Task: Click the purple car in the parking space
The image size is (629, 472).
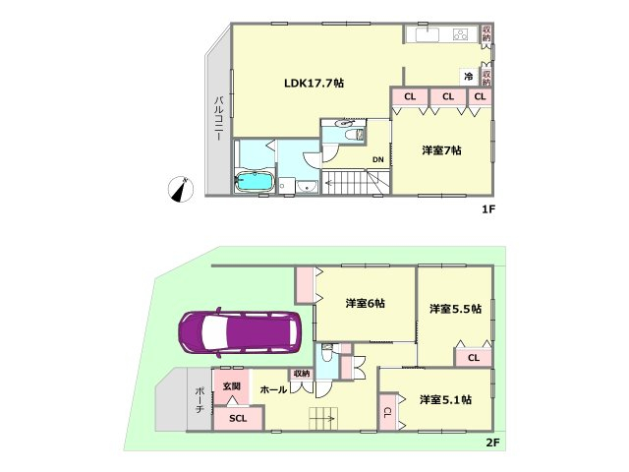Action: [x=240, y=332]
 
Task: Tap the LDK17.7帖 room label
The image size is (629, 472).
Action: [x=314, y=83]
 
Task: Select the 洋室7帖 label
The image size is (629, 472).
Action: [x=441, y=150]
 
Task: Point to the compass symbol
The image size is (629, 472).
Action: [x=180, y=189]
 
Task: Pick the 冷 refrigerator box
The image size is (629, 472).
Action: [x=469, y=77]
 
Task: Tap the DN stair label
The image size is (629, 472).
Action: [x=377, y=159]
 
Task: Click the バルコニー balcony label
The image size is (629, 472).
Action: [x=218, y=118]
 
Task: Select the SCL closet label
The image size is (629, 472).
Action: [x=238, y=418]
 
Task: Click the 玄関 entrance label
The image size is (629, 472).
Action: [x=232, y=386]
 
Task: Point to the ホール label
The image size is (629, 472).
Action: [x=273, y=389]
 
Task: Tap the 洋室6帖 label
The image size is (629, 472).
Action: [x=365, y=303]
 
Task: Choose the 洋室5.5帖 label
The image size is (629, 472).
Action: [x=455, y=309]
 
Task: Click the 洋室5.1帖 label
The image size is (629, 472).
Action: [x=445, y=400]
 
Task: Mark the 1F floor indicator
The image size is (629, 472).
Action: [x=489, y=209]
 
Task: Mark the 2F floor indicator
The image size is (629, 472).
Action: [x=492, y=442]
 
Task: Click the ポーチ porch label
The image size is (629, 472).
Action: [x=200, y=400]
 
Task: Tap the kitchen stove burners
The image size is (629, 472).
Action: [x=461, y=34]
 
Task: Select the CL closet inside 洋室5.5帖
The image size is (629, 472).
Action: [x=474, y=357]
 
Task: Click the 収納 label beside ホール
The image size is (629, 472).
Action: [x=302, y=374]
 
